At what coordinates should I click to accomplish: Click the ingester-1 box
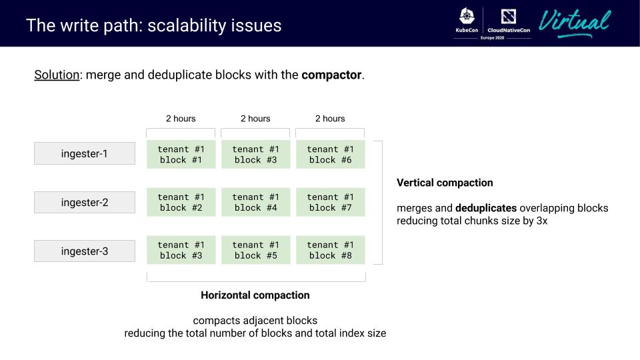tap(85, 153)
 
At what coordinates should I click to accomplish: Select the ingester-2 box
tap(85, 203)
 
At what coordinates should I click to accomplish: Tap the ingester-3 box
tap(85, 251)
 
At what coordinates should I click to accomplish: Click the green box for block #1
tap(181, 154)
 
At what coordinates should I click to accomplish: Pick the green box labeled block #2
tap(181, 202)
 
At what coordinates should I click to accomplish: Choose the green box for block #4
tap(256, 202)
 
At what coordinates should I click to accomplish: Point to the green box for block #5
tap(256, 250)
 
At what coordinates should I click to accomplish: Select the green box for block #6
tap(331, 154)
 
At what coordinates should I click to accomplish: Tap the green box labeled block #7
tap(331, 202)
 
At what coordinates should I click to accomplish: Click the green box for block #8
tap(331, 250)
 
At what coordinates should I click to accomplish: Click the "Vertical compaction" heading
tap(445, 183)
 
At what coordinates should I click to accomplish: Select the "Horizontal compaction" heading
tap(255, 295)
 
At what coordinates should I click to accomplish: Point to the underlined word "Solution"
tap(57, 75)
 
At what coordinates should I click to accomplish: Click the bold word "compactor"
tap(331, 75)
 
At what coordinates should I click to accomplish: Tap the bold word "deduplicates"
tap(486, 208)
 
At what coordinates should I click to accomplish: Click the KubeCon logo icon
tap(467, 16)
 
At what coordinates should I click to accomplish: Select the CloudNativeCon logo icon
tap(509, 17)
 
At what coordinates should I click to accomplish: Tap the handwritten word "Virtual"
tap(574, 23)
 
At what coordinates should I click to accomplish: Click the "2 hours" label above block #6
tap(330, 119)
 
